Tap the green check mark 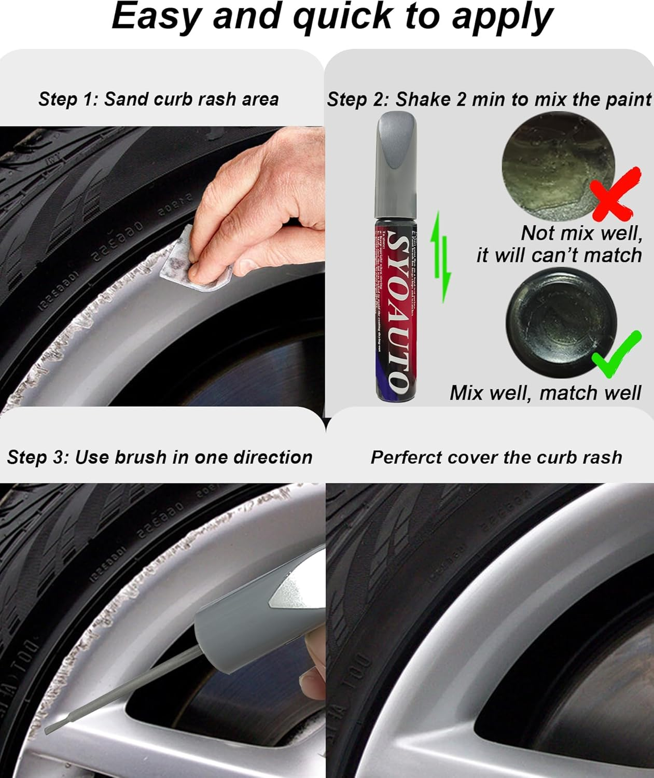[617, 356]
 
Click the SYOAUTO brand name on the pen [396, 312]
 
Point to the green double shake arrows [440, 257]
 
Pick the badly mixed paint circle [558, 166]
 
